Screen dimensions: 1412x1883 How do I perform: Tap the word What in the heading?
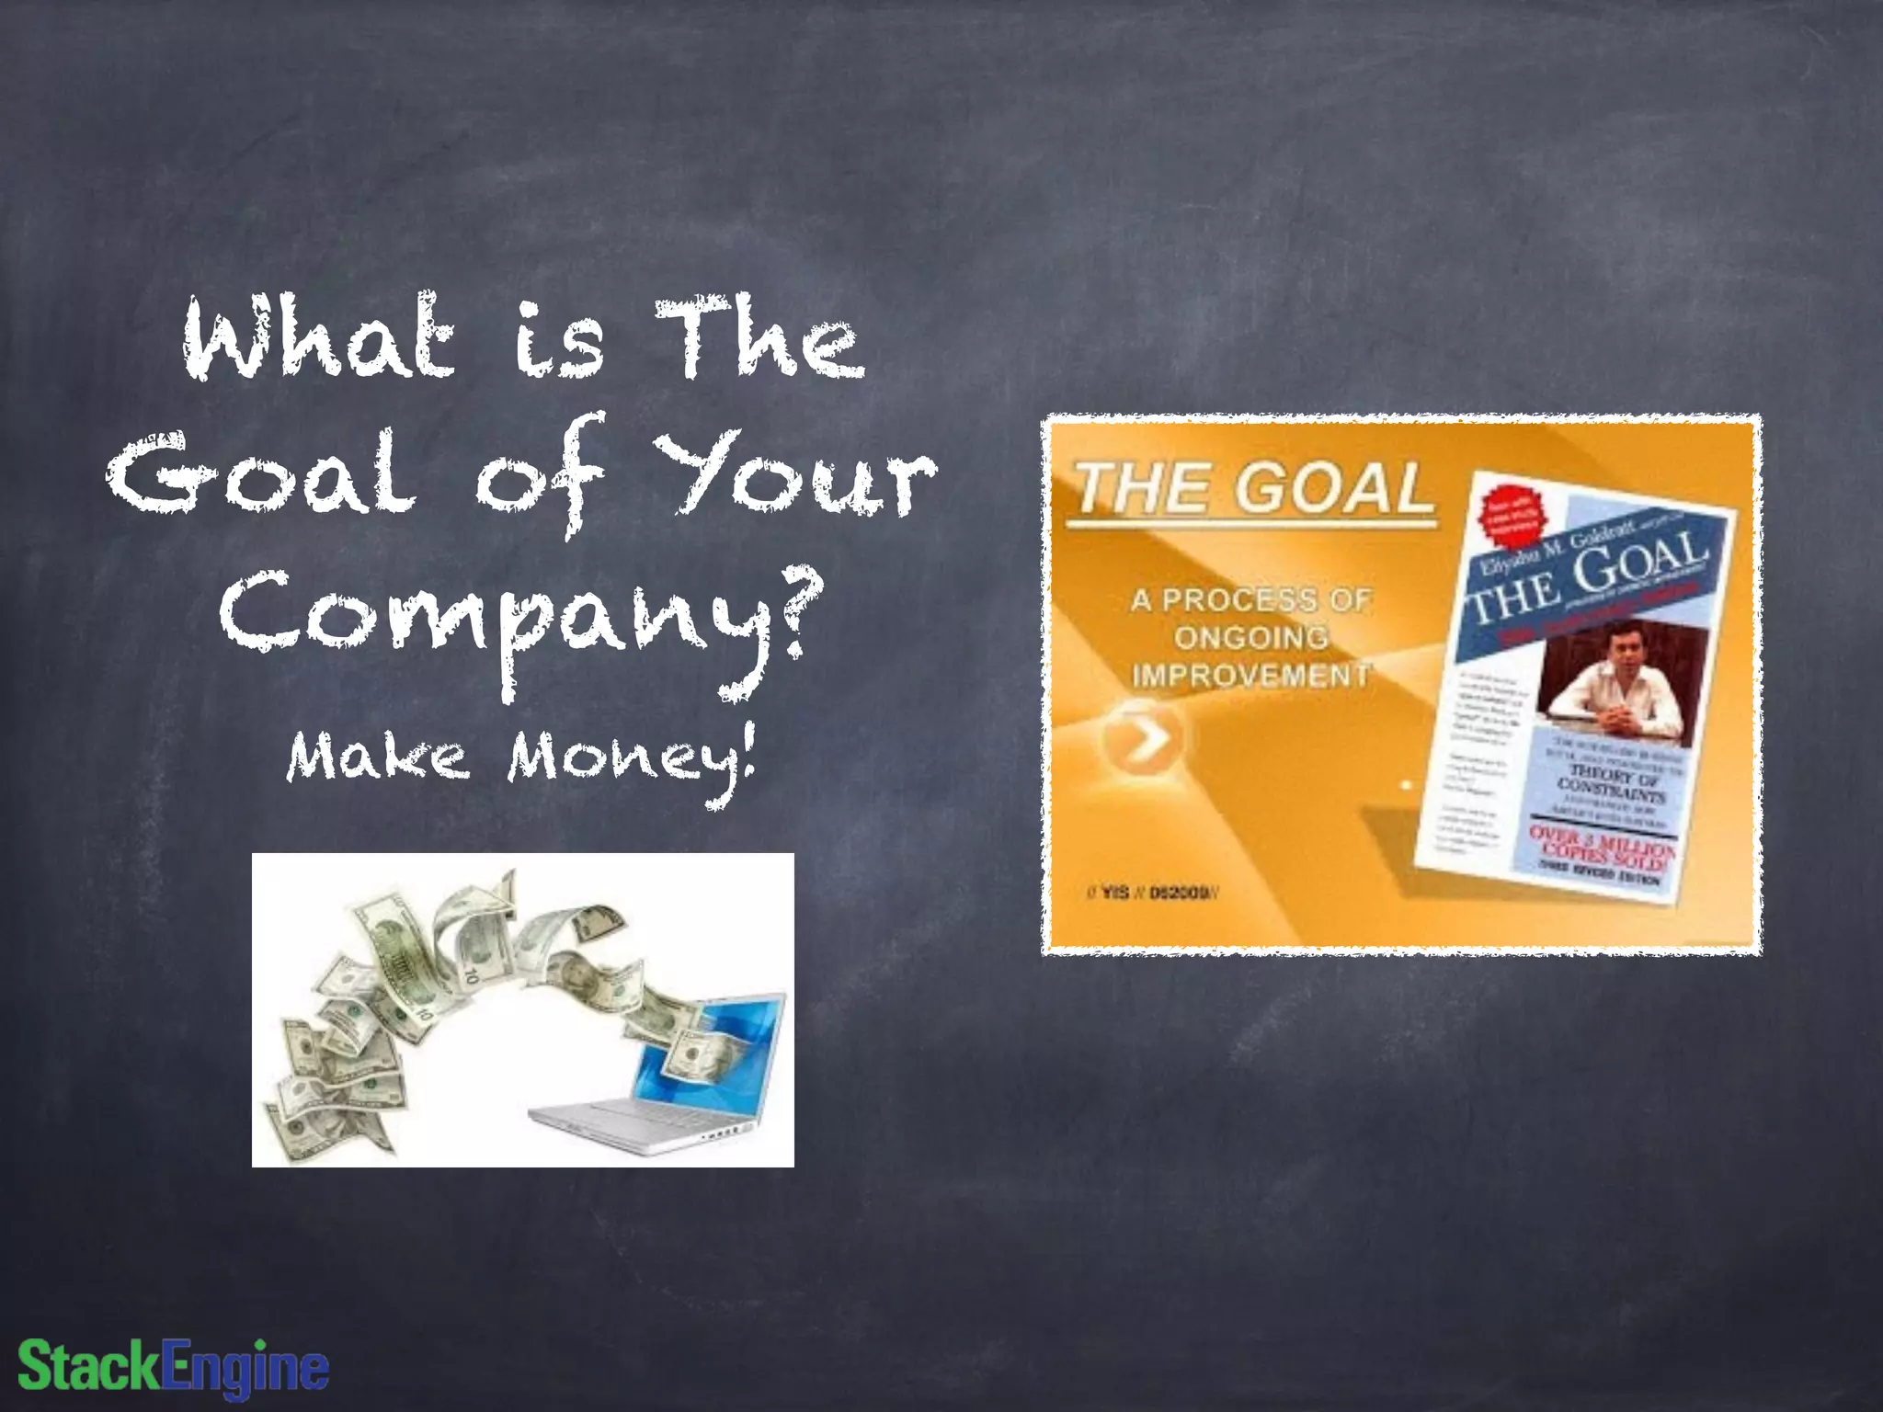click(x=318, y=338)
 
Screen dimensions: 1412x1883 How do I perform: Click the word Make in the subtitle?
click(x=377, y=759)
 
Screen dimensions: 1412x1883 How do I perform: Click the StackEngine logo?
click(x=173, y=1366)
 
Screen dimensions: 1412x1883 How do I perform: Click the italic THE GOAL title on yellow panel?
click(x=1250, y=489)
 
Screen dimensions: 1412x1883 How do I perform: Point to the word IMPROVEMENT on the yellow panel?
click(x=1250, y=676)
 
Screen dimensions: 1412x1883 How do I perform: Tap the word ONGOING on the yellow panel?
click(x=1250, y=637)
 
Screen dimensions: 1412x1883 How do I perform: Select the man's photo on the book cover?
click(x=1623, y=680)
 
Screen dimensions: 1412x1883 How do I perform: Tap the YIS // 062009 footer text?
click(x=1154, y=893)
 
